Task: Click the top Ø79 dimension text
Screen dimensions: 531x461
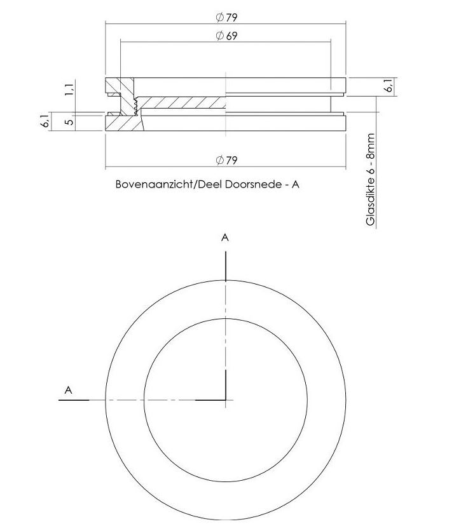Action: click(x=226, y=17)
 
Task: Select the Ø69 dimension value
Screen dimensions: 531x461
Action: click(x=226, y=36)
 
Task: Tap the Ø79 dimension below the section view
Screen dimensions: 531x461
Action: click(x=226, y=160)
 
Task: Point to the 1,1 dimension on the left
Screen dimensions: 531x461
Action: click(x=69, y=88)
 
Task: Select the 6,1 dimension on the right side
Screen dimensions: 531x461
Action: click(x=389, y=86)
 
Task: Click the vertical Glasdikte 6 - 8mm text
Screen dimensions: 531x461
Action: click(x=371, y=180)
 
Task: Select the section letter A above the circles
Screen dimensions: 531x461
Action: click(x=225, y=238)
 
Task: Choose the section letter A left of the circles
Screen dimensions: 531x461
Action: click(x=69, y=391)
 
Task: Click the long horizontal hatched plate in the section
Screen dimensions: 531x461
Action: click(x=181, y=102)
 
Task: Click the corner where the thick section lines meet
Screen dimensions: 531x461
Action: click(x=225, y=400)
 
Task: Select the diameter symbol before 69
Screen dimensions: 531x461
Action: click(x=219, y=36)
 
